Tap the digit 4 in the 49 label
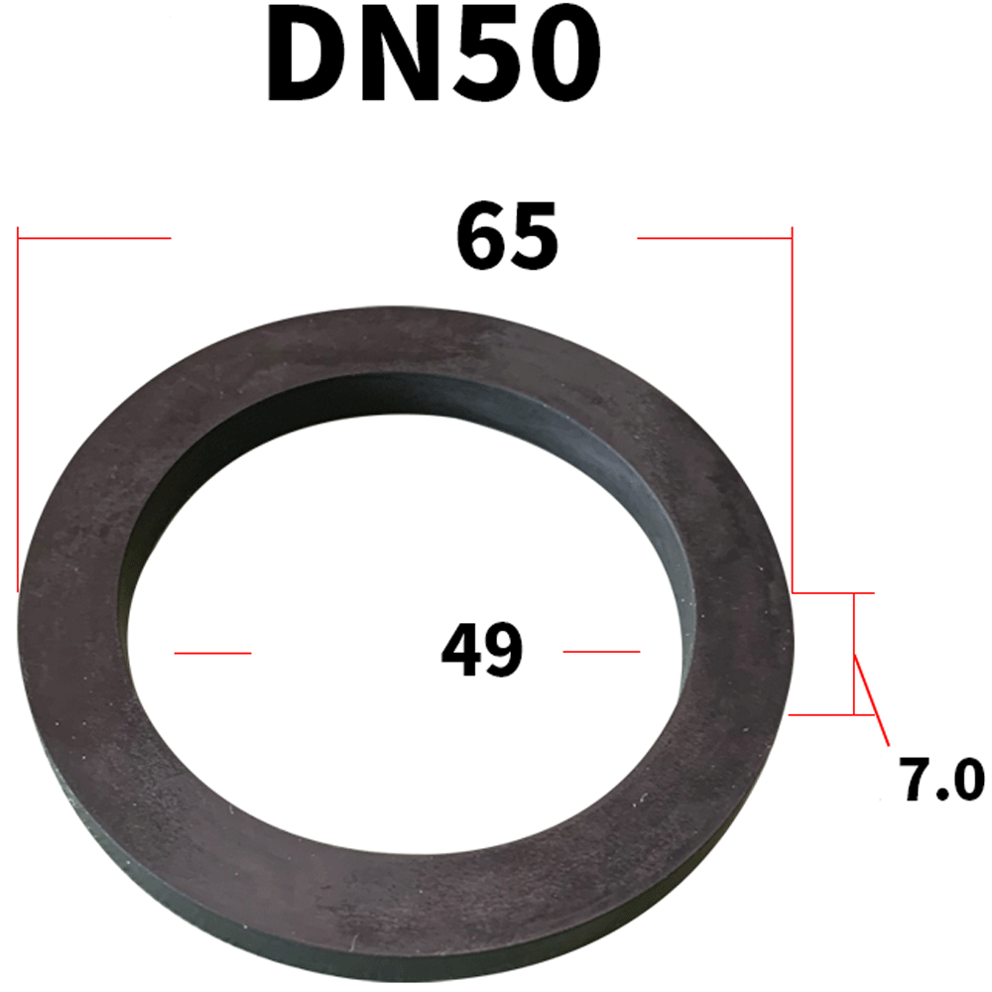[x=461, y=651]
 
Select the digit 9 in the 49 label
[x=505, y=651]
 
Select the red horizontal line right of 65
[x=714, y=238]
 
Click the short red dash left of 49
[x=212, y=652]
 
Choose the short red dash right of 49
[x=601, y=652]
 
